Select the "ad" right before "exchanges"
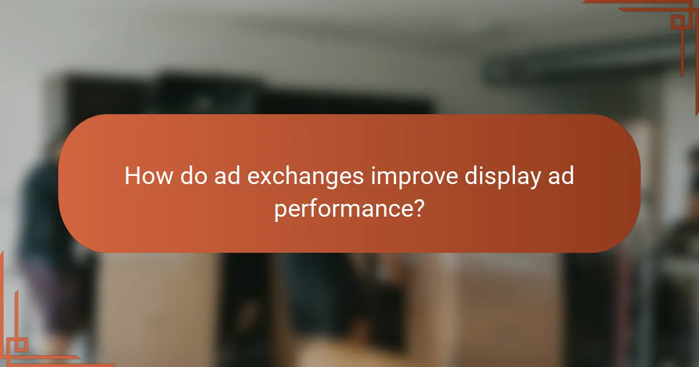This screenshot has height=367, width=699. pos(225,176)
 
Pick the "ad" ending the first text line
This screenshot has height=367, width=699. pos(560,176)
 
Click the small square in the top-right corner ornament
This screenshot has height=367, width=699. pos(677,22)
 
